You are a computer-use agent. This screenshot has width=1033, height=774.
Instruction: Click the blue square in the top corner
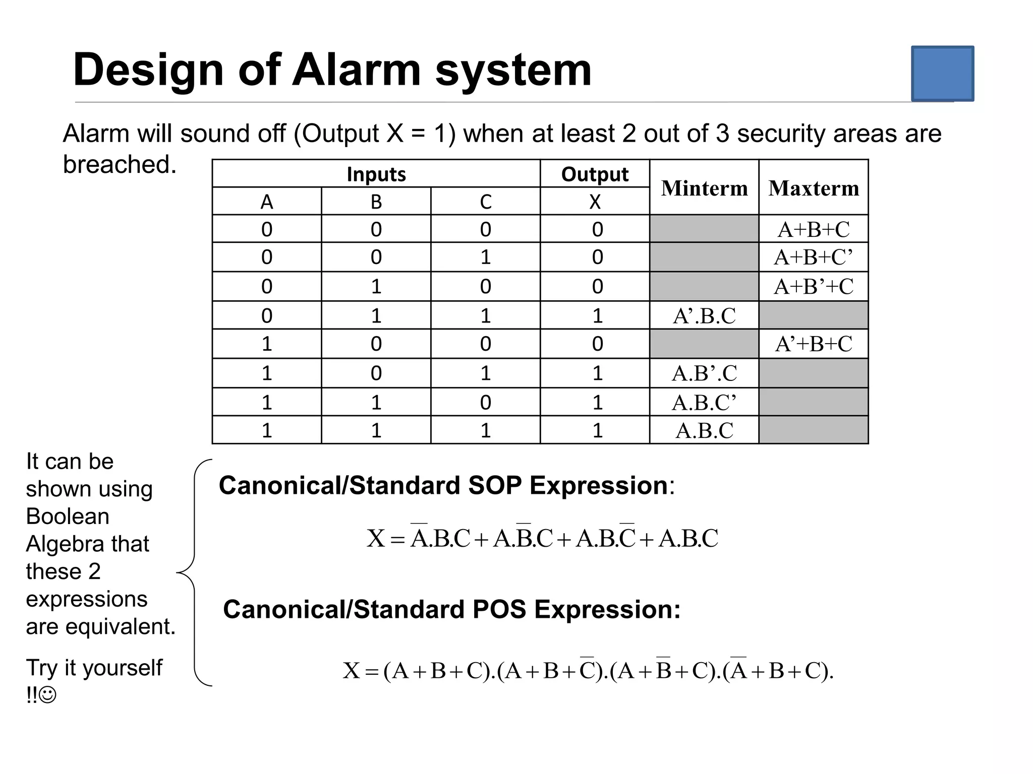[x=942, y=74]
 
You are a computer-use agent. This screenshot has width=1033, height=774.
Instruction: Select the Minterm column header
[x=704, y=188]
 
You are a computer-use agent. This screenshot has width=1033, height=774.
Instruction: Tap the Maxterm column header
[x=814, y=188]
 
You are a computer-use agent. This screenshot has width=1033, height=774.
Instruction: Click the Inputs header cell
[x=376, y=174]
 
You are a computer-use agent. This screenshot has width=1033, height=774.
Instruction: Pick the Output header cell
[x=595, y=174]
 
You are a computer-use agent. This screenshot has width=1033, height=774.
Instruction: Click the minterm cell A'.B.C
[x=704, y=316]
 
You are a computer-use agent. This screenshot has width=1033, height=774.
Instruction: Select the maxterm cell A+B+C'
[x=814, y=257]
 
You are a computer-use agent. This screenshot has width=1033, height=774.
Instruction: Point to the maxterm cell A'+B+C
[x=814, y=344]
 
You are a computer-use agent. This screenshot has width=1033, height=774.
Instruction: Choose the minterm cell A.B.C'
[x=704, y=403]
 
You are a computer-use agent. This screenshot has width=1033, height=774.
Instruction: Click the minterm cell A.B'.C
[x=704, y=373]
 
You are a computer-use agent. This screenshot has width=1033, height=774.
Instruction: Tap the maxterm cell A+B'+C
[x=814, y=287]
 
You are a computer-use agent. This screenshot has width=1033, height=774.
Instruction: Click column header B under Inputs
[x=376, y=202]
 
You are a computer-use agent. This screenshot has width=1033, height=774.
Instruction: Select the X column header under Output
[x=595, y=202]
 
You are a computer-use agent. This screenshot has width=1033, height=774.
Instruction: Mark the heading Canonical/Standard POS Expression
[x=451, y=610]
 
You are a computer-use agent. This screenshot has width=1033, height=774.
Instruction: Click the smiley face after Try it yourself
[x=48, y=696]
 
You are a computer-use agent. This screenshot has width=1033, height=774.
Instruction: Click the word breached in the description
[x=120, y=165]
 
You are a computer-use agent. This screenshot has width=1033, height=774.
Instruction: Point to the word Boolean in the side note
[x=68, y=517]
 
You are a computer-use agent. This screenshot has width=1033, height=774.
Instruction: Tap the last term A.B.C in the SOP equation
[x=688, y=539]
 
